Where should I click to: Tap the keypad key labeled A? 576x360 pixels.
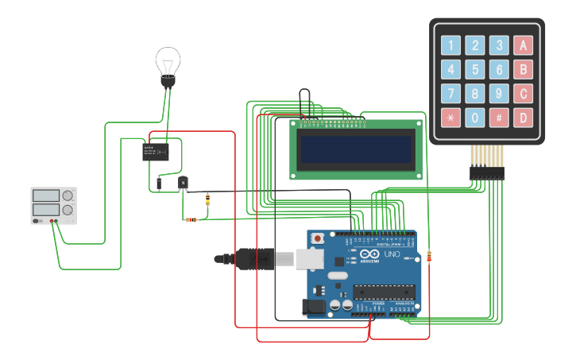coord(523,45)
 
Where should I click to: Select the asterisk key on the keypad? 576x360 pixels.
coord(450,118)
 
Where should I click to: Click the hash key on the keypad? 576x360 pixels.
coord(499,118)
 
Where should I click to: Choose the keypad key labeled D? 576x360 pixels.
coord(523,118)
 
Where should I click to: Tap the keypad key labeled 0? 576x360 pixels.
coord(475,118)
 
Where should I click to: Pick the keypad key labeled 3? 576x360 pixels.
coord(499,45)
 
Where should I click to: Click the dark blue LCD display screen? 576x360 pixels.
coord(355,149)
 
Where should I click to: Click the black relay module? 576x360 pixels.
coord(156,151)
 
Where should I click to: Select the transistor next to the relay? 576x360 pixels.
coord(184,183)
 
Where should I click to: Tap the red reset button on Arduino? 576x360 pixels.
coord(318,238)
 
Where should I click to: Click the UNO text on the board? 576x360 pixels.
coord(392,254)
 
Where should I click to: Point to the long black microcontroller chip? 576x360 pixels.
coord(385,292)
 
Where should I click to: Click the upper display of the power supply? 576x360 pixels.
coord(45,195)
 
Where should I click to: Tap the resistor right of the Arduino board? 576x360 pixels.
coord(430,257)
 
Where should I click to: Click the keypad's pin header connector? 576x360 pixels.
coord(486,172)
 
